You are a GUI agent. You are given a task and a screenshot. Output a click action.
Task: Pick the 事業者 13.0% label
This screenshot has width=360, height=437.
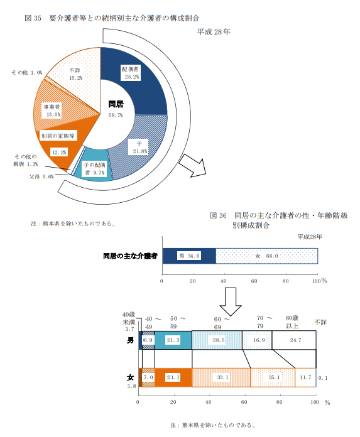(x=52, y=111)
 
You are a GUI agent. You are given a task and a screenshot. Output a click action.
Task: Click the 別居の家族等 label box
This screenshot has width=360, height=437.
(x=58, y=136)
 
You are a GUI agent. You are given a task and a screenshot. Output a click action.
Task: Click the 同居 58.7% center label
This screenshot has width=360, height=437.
(x=116, y=109)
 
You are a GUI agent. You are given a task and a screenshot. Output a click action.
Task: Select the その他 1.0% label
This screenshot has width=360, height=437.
(x=27, y=73)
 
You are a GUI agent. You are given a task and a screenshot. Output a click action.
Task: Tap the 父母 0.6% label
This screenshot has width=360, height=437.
(x=41, y=176)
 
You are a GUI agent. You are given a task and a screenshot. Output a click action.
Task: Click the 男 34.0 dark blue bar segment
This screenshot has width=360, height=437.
(x=189, y=256)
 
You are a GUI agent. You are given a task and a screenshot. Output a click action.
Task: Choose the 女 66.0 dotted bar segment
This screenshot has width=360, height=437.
(x=266, y=256)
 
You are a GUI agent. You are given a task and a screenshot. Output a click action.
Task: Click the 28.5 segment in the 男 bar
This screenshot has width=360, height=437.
(x=217, y=340)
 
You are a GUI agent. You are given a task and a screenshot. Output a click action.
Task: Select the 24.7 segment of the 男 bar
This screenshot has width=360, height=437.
(x=294, y=340)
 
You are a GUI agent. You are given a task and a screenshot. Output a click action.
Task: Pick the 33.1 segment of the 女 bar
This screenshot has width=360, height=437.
(x=221, y=377)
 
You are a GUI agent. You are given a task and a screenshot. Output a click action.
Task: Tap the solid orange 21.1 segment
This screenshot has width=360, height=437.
(x=173, y=377)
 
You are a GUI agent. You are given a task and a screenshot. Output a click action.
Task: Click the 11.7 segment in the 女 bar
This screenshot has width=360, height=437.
(x=305, y=377)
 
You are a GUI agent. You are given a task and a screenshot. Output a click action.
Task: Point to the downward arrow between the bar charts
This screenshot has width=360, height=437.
(x=231, y=301)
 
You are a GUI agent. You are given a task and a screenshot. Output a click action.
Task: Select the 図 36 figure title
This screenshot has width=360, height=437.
(x=279, y=220)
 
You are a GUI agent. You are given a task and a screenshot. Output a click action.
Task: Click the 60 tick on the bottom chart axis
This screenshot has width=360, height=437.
(x=244, y=402)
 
